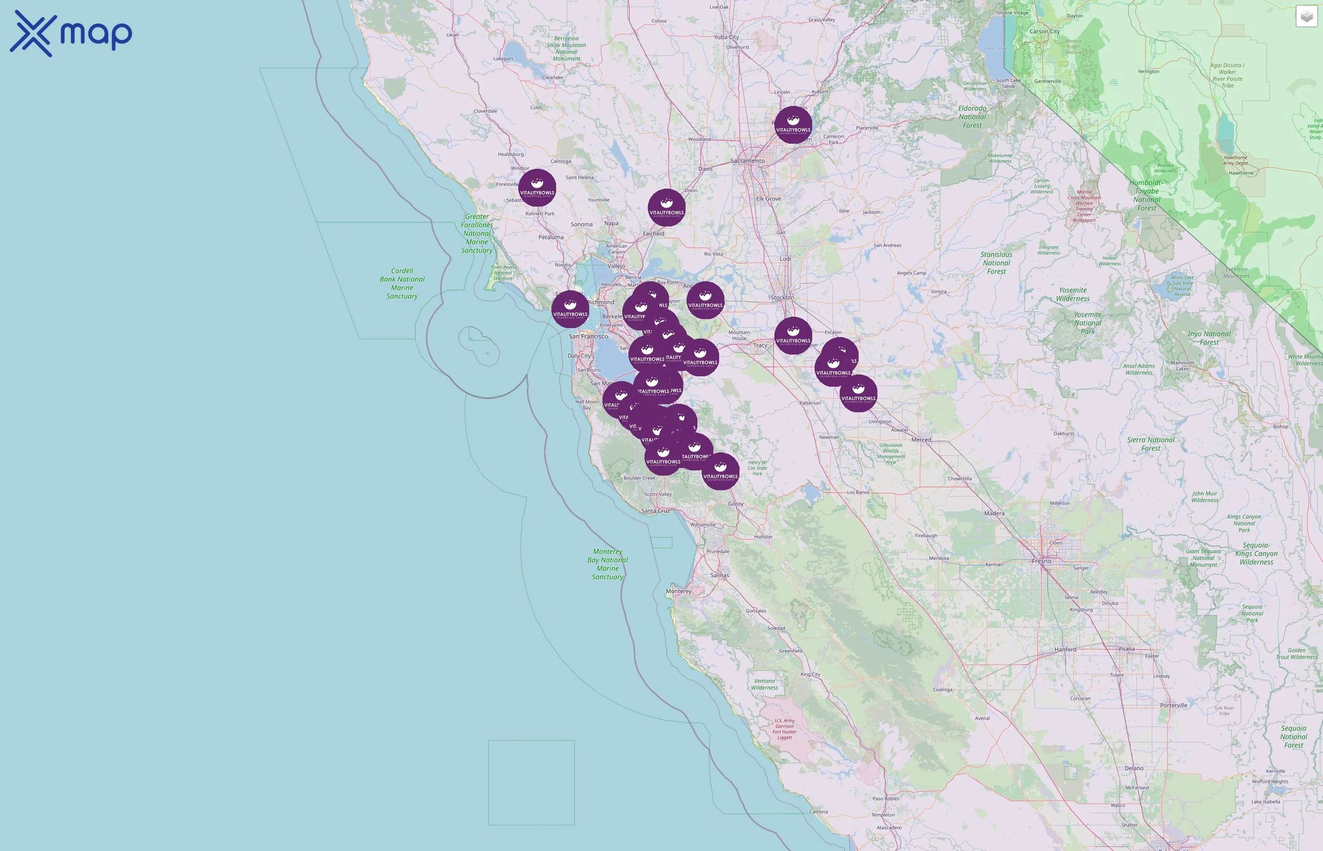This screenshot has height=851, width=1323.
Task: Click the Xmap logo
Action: click(71, 33)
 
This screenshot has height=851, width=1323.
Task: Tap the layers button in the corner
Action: click(1306, 17)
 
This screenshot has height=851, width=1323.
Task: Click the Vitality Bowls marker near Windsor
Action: click(537, 188)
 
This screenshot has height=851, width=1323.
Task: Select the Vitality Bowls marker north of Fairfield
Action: click(667, 208)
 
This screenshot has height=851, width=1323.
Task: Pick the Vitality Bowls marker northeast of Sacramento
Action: click(793, 125)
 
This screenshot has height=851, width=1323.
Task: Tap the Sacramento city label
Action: click(747, 161)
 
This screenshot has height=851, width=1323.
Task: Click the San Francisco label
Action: click(588, 336)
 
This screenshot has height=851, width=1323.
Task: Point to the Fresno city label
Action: click(1041, 561)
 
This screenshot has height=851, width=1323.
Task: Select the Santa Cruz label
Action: click(655, 511)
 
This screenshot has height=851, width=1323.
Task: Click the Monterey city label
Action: click(678, 591)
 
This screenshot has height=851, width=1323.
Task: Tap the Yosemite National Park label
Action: click(1087, 323)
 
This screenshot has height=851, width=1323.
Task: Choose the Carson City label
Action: click(1044, 32)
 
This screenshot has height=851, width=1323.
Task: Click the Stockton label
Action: click(782, 297)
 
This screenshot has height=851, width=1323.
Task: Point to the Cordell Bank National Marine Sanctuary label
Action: click(402, 284)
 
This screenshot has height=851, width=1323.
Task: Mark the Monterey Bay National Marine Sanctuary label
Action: click(607, 564)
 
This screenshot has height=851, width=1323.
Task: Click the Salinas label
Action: click(720, 575)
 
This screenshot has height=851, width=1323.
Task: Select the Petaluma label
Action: click(550, 237)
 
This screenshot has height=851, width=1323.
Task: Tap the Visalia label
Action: click(1126, 649)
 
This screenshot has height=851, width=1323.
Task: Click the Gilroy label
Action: click(736, 504)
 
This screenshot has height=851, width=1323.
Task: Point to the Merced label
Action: click(921, 440)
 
